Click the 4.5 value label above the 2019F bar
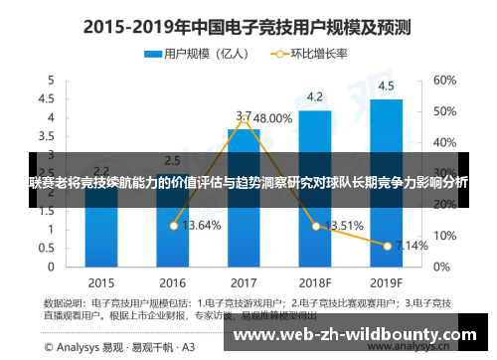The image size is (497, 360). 387,85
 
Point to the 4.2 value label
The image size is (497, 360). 315,96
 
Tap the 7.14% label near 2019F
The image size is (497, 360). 413,245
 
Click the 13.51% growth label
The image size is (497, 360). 344,225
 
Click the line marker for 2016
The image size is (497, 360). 173,226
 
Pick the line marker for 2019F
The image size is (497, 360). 388,245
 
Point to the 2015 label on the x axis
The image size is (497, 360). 101,280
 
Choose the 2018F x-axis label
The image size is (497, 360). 315,280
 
